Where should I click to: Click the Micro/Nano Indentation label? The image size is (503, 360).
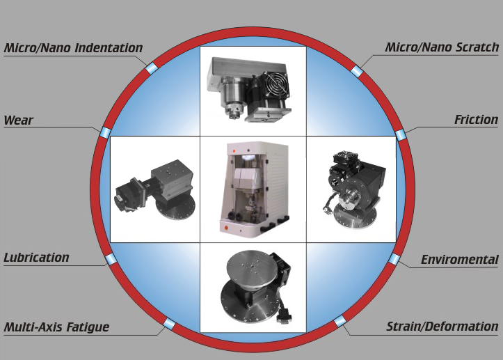(x=73, y=48)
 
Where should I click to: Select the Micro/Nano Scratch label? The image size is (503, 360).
(x=442, y=47)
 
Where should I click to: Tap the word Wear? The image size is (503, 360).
(x=18, y=120)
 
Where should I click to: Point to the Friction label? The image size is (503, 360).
(x=476, y=120)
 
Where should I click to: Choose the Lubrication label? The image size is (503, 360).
(x=36, y=258)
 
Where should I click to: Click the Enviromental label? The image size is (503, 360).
(x=460, y=260)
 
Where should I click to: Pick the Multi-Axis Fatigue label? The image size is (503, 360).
(x=56, y=327)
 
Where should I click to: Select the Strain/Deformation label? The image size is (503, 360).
(x=442, y=327)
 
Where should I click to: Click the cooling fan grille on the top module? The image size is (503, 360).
(x=276, y=83)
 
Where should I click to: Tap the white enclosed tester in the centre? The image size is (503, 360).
(x=254, y=189)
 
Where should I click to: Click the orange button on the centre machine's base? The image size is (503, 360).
(x=225, y=228)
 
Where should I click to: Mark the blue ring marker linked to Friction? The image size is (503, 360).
(x=400, y=135)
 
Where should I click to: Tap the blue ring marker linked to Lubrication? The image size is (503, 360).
(x=111, y=259)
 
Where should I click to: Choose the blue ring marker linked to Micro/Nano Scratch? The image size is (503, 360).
(x=356, y=71)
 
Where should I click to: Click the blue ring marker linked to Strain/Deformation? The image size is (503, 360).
(x=340, y=321)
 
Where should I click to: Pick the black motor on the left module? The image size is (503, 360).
(x=128, y=196)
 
